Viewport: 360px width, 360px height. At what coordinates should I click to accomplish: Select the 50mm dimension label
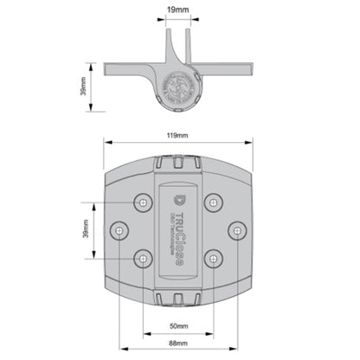180,325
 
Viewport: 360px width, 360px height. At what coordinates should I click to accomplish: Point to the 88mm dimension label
180,344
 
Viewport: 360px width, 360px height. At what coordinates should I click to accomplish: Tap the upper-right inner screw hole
213,202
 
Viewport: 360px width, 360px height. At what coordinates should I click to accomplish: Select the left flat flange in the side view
130,68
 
